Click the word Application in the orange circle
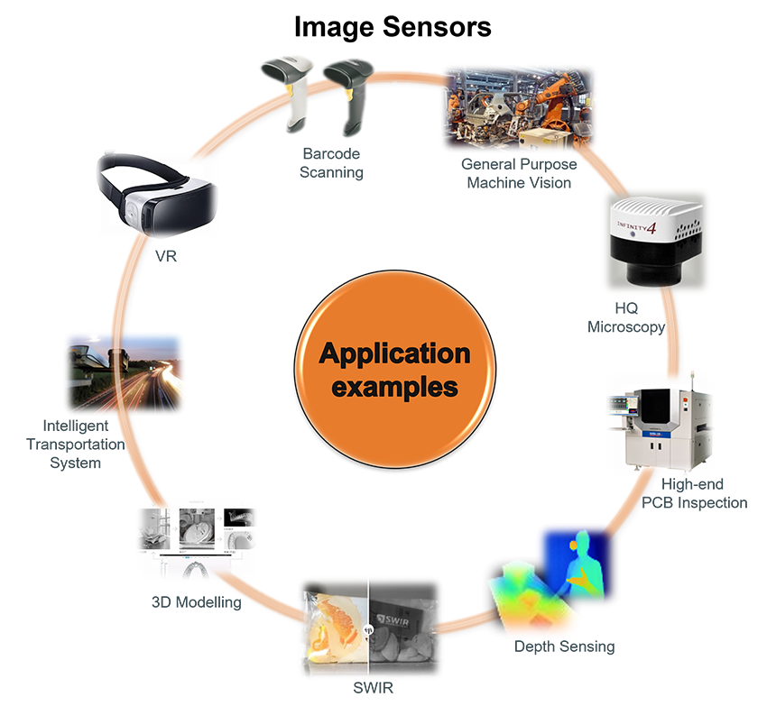395,353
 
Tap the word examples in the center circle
395,388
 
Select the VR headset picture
157,195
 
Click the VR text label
165,257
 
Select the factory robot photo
519,107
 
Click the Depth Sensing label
564,646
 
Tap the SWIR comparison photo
372,628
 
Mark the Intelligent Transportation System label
76,444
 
